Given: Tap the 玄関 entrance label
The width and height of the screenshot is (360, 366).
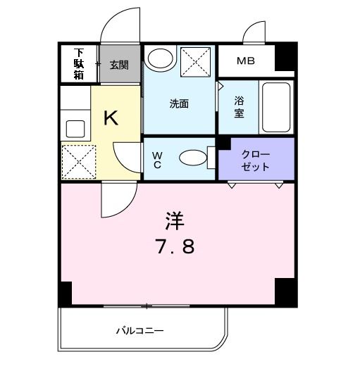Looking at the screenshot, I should (x=118, y=65).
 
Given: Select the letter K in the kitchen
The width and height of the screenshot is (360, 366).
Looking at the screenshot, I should (x=111, y=118).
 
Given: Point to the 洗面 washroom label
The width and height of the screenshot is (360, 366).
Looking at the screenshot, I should (x=179, y=103).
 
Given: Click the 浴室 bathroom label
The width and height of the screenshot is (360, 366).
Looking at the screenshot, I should (x=240, y=106).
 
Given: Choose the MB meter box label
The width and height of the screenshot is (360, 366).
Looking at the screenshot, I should (x=245, y=61).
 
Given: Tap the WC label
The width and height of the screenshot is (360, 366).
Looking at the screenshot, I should (x=157, y=160).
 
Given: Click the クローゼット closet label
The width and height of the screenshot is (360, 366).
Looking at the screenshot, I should (x=255, y=160).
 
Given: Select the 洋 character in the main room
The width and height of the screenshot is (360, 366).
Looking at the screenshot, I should (x=174, y=221).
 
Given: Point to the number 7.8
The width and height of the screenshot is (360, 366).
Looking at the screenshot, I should (x=175, y=247).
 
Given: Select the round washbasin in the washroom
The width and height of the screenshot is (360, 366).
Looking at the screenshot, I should (x=162, y=59).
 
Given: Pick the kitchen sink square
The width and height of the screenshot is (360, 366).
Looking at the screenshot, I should (x=74, y=129).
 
